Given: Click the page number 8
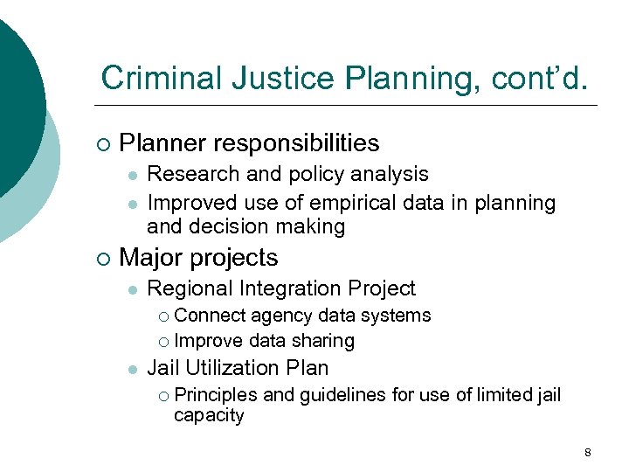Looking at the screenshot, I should [587, 452].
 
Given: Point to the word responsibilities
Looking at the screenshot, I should [302, 142].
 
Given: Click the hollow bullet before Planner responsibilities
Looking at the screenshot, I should [104, 143].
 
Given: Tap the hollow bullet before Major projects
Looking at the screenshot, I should [104, 259].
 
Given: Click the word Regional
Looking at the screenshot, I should [185, 288].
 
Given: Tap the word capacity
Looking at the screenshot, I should [209, 415].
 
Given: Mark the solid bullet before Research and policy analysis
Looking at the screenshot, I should [131, 176].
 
